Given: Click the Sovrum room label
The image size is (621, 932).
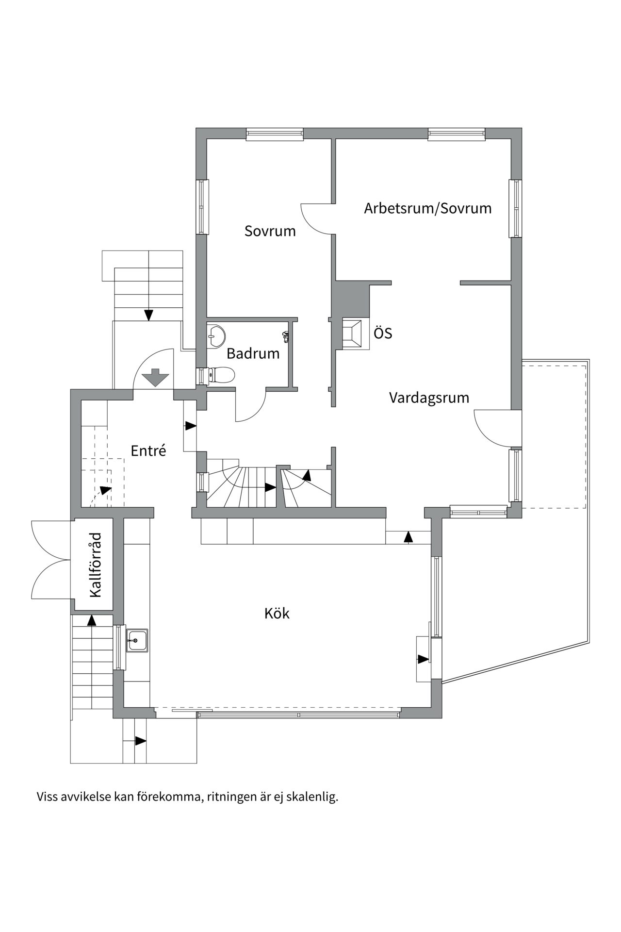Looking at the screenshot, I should [270, 231].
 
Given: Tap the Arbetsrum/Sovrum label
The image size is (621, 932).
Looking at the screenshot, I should [427, 208].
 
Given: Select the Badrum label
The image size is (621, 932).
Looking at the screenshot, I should [253, 353].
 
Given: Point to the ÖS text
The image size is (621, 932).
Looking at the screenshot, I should [382, 333].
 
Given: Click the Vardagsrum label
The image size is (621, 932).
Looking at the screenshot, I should [429, 398].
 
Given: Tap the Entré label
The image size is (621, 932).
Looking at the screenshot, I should [148, 451].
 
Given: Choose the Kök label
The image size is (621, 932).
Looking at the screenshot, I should [277, 614].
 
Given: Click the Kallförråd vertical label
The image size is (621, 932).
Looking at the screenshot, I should [96, 565].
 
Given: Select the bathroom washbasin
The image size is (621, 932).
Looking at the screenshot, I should [215, 336].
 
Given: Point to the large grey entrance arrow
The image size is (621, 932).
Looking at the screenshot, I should [155, 378].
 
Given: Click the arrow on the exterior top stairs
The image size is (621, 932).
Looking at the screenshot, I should [148, 315].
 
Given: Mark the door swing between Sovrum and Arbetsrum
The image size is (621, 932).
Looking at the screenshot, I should [315, 218].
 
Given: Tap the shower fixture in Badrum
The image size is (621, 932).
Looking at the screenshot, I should [286, 336].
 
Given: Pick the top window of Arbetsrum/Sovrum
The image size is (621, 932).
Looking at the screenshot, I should [456, 134].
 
